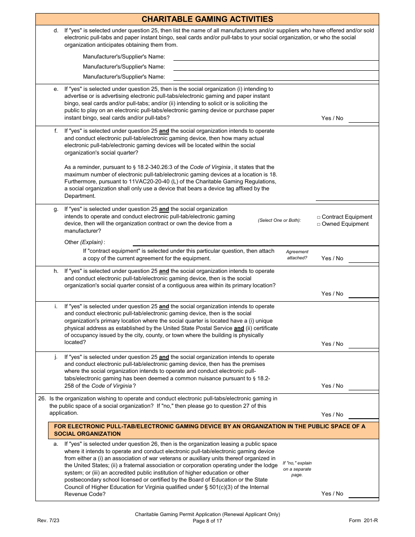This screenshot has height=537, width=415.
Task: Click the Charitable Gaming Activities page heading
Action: [x=207, y=19]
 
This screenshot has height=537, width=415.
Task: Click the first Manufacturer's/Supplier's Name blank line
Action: [x=276, y=58]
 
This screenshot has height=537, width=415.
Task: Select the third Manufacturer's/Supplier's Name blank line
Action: [x=276, y=78]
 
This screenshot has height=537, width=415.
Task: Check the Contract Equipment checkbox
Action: [x=319, y=217]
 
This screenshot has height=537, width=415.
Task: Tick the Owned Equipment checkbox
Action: [x=319, y=224]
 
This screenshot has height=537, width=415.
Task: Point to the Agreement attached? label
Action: [x=297, y=255]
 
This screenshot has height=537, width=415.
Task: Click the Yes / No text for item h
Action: [x=332, y=294]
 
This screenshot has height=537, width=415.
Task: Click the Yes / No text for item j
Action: [x=332, y=386]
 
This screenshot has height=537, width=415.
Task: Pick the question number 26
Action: [x=42, y=399]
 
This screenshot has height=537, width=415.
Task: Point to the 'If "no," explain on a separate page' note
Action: [x=297, y=469]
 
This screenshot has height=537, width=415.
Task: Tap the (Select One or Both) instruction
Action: [x=279, y=220]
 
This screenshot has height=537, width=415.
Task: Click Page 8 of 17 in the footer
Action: [x=207, y=521]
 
